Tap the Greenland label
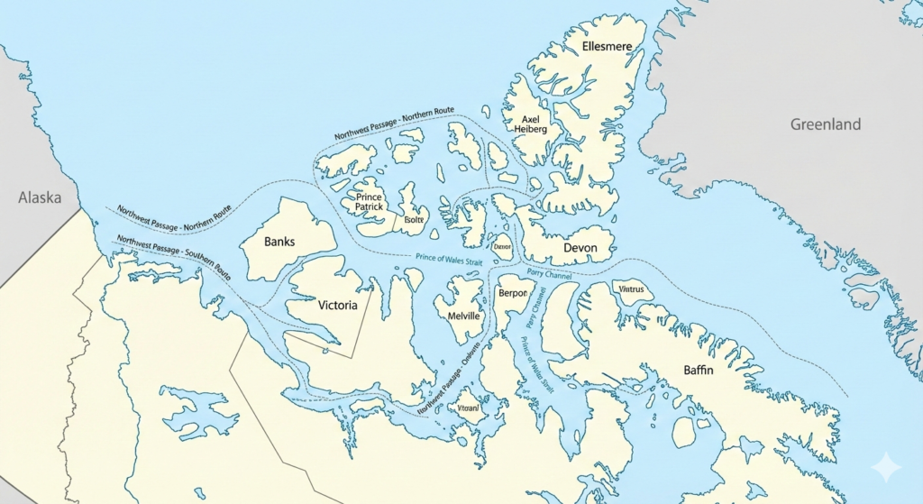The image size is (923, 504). point(825,124)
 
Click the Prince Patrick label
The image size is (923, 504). point(370,202)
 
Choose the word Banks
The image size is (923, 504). point(279,243)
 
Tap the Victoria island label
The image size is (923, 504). point(338,305)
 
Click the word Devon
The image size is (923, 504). point(580,247)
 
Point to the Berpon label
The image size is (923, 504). point(512,294)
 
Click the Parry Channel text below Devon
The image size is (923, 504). point(550,274)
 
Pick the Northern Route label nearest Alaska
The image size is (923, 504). point(174,218)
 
